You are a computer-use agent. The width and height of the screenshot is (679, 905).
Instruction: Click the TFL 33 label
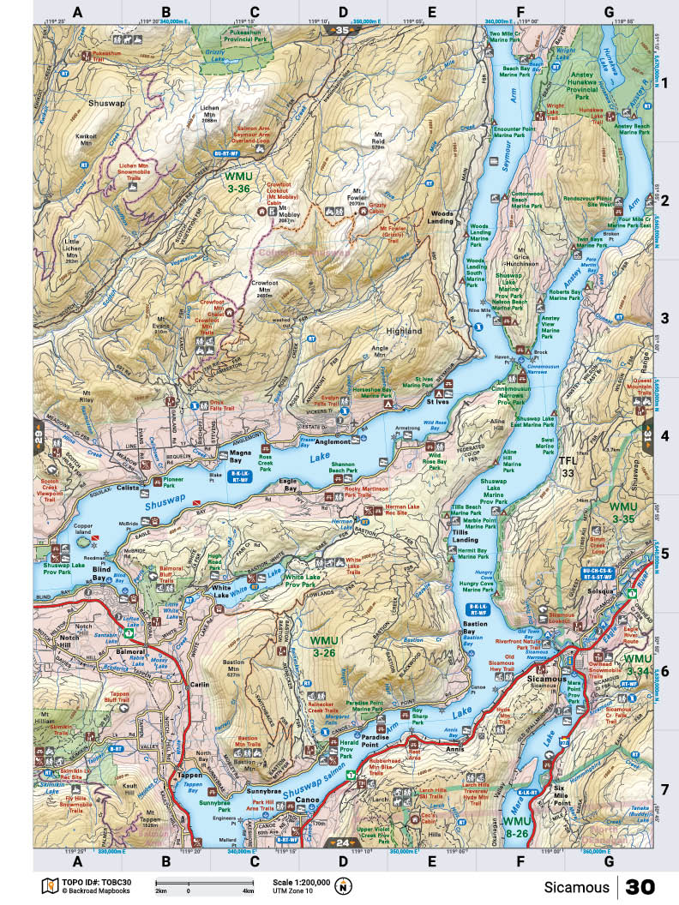tap(568, 467)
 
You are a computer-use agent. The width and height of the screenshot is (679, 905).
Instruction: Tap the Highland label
tap(404, 331)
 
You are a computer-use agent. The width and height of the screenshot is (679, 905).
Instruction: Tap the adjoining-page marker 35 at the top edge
tap(344, 31)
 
